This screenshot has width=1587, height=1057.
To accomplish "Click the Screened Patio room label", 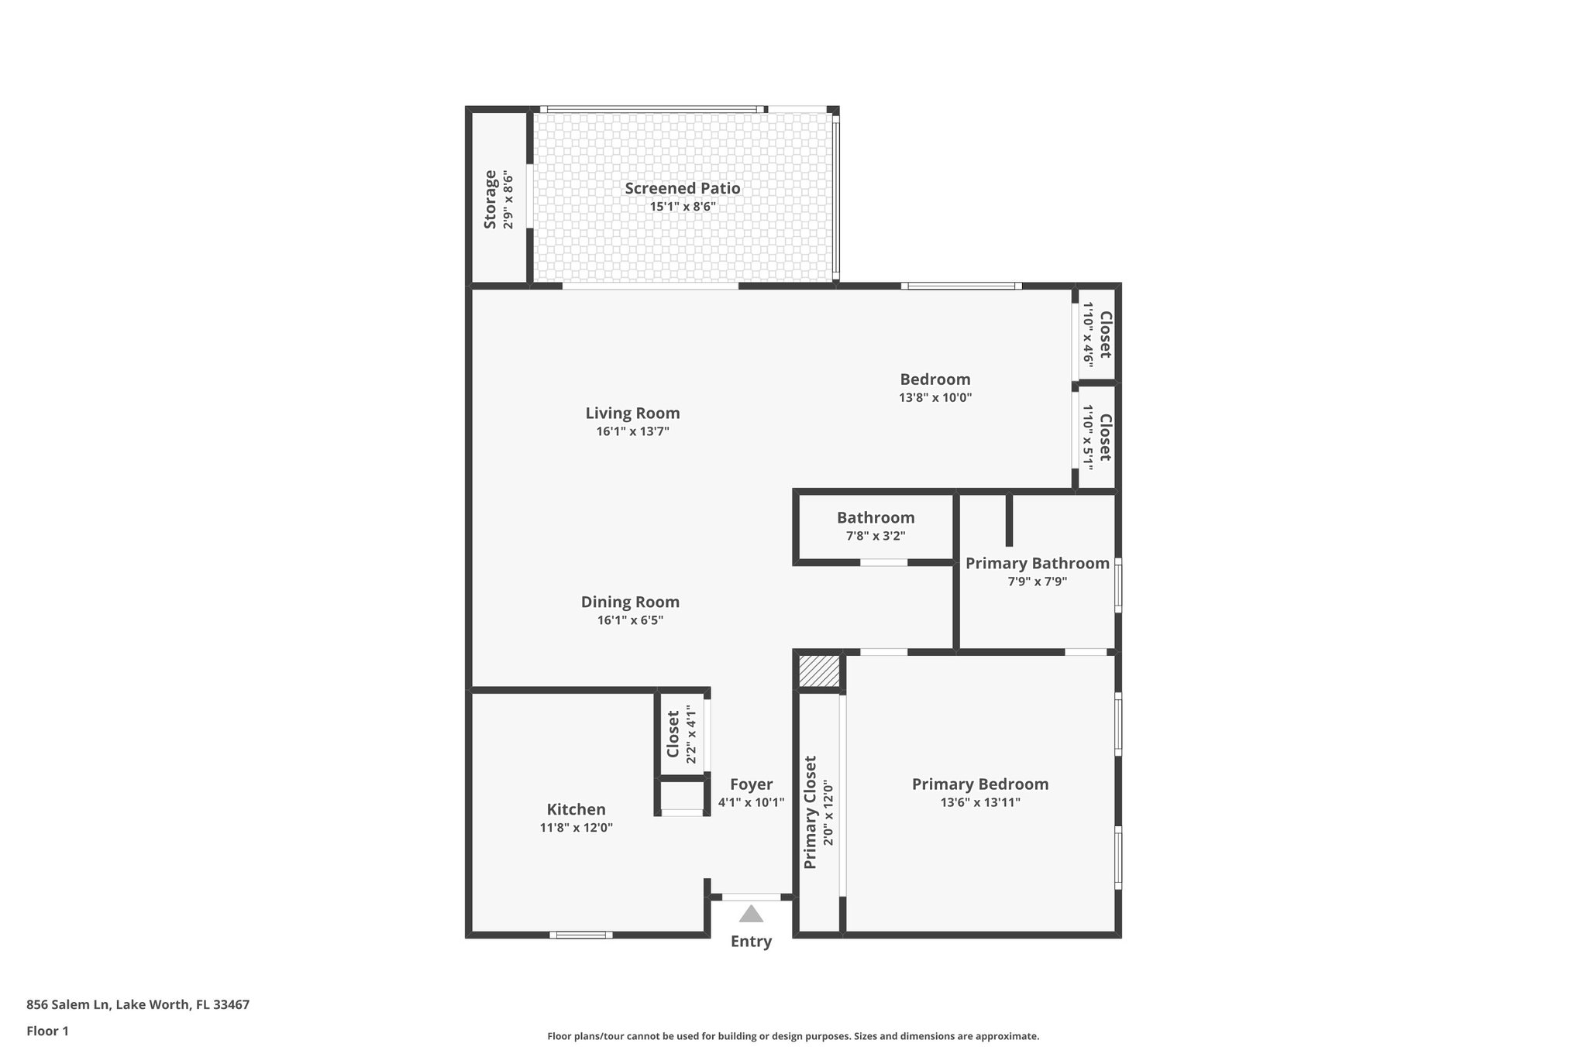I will click(682, 188).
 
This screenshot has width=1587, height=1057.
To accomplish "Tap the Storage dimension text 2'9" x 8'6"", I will click(508, 200).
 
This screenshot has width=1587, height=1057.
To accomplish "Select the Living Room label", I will click(632, 414).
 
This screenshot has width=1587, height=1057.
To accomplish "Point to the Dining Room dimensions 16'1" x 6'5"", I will click(630, 620).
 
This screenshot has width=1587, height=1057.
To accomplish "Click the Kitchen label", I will click(576, 809).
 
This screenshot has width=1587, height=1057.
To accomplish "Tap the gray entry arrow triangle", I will click(750, 915).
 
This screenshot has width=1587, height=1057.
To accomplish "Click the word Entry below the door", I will click(751, 942).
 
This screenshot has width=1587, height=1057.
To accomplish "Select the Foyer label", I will click(751, 784).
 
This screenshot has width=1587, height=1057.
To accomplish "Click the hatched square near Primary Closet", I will click(819, 671).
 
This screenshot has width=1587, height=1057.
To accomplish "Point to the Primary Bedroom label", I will click(979, 784).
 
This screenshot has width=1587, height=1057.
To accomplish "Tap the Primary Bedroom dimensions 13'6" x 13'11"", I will click(980, 803).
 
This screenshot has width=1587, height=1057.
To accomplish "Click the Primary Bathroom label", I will click(1037, 564).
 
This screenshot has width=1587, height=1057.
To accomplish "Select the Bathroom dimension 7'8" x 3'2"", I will click(875, 536).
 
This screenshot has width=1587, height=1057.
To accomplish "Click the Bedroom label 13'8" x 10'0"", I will click(935, 397).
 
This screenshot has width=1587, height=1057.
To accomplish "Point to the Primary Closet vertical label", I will click(811, 812).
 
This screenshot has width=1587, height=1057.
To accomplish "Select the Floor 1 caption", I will click(47, 1031).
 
